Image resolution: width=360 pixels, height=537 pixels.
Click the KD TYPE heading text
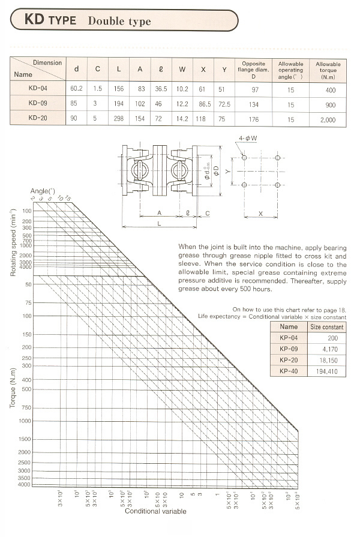[50, 20]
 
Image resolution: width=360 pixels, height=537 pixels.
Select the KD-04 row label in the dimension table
[38, 88]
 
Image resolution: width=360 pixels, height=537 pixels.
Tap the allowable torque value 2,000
[328, 119]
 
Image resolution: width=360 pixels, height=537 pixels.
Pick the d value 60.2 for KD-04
[76, 88]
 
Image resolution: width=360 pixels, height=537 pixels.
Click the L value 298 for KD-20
[119, 119]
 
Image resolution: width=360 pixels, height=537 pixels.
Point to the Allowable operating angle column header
[291, 70]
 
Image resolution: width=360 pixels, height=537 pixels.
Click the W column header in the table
[182, 70]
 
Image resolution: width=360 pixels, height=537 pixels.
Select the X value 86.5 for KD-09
[203, 104]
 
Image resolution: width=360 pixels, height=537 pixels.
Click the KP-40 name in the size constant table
[289, 371]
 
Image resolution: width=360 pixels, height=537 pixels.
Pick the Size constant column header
[326, 327]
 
